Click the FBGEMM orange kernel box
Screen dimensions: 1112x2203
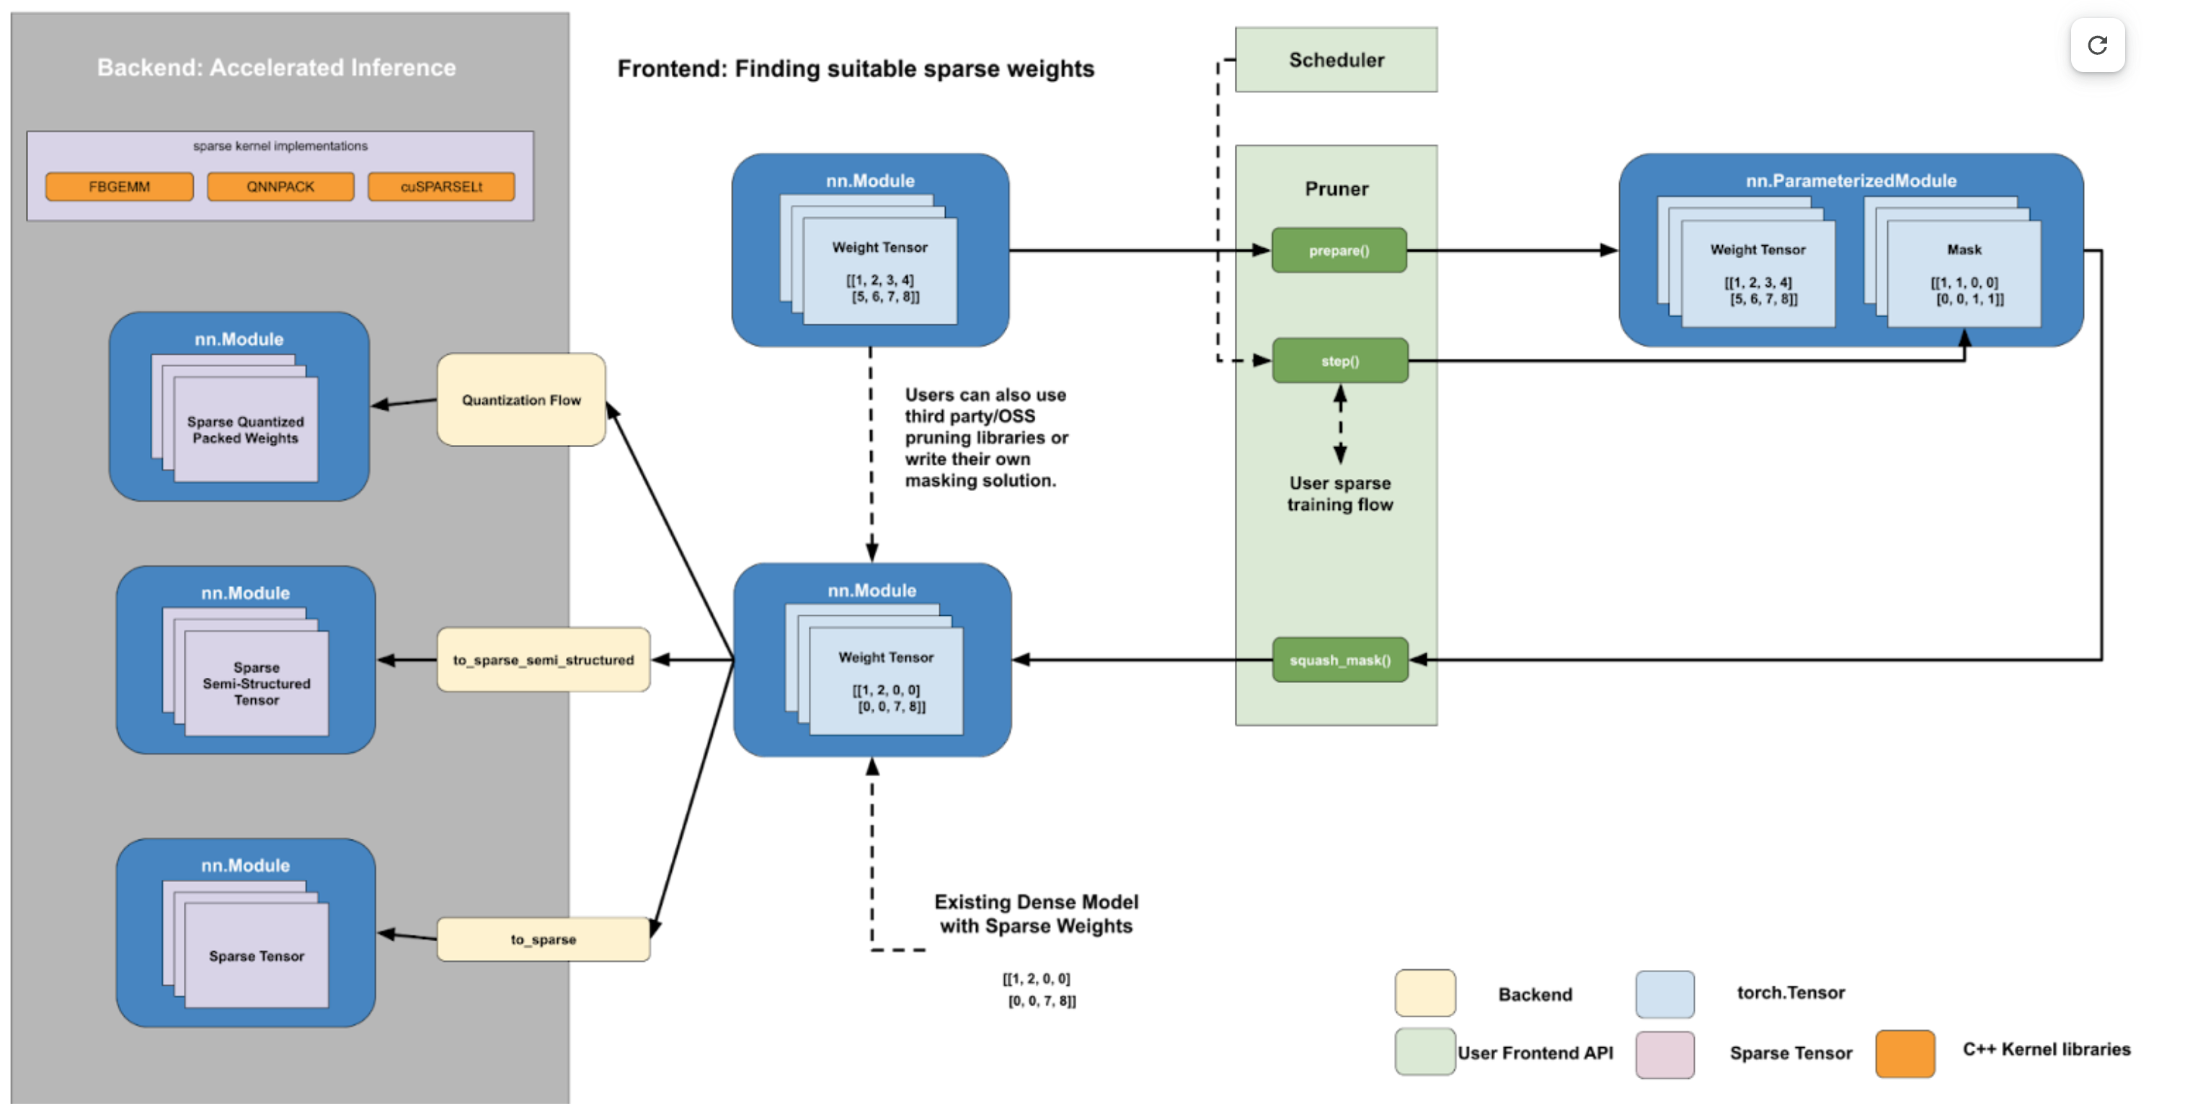coord(119,187)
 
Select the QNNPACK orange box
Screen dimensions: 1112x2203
coord(280,187)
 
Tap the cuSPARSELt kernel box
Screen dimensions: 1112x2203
coord(441,187)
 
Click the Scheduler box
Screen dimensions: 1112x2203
coord(1336,60)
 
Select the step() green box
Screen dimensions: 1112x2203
coord(1339,361)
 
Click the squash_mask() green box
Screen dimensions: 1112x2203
coord(1339,660)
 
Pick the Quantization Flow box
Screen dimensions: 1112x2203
coord(520,400)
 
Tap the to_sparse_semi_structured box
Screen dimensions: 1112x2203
coord(543,660)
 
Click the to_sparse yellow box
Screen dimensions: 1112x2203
coord(543,939)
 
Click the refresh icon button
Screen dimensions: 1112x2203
coord(2097,45)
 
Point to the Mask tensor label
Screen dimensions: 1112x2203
coord(1964,250)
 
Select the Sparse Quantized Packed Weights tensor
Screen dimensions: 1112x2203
coord(245,429)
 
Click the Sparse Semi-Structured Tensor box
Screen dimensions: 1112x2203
coord(256,683)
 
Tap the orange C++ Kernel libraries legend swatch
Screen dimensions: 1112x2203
coord(1905,1053)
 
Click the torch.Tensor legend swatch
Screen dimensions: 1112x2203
coord(1665,994)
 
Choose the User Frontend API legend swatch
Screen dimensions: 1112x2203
coord(1424,1052)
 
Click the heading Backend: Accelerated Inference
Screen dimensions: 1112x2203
coord(276,68)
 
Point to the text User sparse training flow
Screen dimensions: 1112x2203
coord(1339,493)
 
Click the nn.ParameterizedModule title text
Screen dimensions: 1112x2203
coord(1850,180)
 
